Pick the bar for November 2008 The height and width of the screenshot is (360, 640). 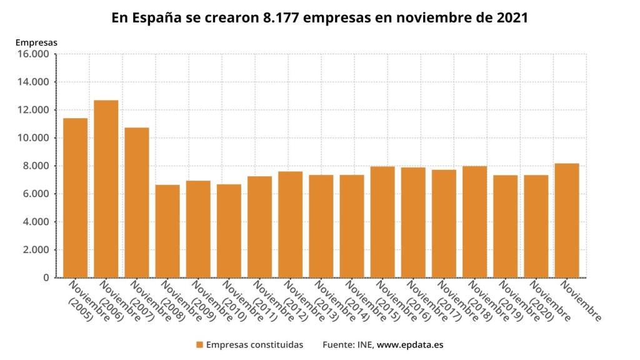click(167, 231)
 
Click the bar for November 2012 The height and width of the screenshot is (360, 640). click(291, 224)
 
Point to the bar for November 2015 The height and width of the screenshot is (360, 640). click(382, 222)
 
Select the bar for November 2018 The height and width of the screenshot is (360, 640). click(475, 222)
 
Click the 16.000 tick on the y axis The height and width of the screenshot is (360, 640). click(34, 54)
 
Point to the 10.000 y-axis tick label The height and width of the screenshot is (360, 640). click(34, 138)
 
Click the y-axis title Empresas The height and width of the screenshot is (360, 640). click(36, 42)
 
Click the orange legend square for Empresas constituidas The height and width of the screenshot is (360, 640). click(199, 344)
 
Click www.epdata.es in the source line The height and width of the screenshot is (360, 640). click(409, 344)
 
